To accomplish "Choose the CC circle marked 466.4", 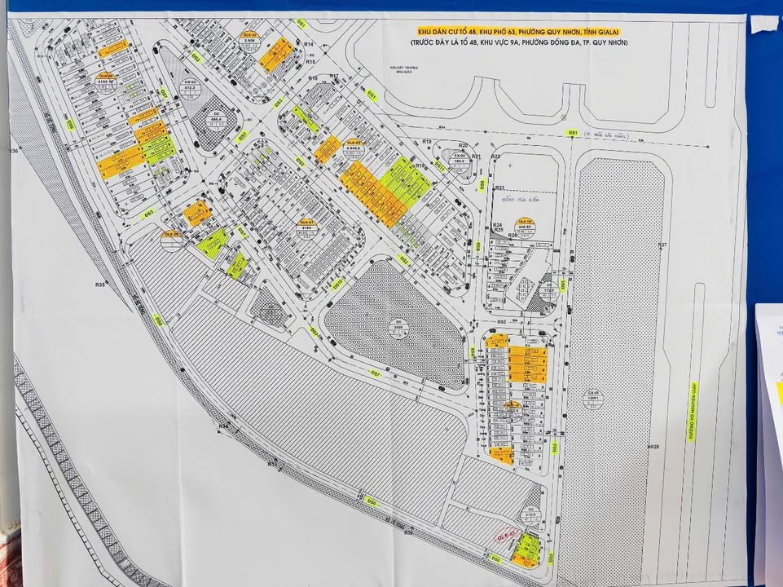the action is (x=216, y=119).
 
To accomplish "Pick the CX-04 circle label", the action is (x=460, y=159).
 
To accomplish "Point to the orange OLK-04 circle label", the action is (x=526, y=224).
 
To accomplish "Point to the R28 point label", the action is (x=653, y=447).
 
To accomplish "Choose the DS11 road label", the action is (x=439, y=166).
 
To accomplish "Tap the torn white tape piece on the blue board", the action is (x=765, y=23).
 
